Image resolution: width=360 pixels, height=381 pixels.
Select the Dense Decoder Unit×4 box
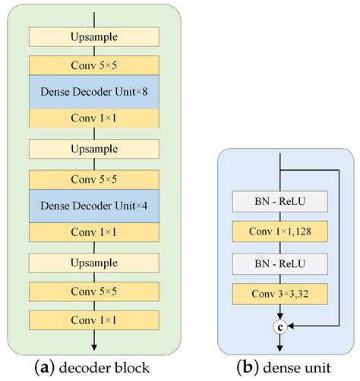coord(94,206)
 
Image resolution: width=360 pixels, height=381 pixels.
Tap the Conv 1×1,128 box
coord(281,229)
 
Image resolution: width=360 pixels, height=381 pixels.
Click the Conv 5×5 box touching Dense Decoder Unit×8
coord(94,64)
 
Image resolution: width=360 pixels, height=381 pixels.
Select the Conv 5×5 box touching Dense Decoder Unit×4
coord(94,179)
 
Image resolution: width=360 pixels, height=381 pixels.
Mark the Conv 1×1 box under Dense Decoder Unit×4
coord(94,232)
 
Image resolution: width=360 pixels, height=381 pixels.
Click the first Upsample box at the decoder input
coord(94,36)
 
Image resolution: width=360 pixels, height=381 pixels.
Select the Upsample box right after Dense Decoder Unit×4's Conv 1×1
coord(94,263)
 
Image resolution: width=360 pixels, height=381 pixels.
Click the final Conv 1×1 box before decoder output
coord(94,320)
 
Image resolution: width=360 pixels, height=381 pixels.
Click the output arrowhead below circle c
coord(281,346)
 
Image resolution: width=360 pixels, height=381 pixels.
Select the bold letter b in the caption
coord(248,368)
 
